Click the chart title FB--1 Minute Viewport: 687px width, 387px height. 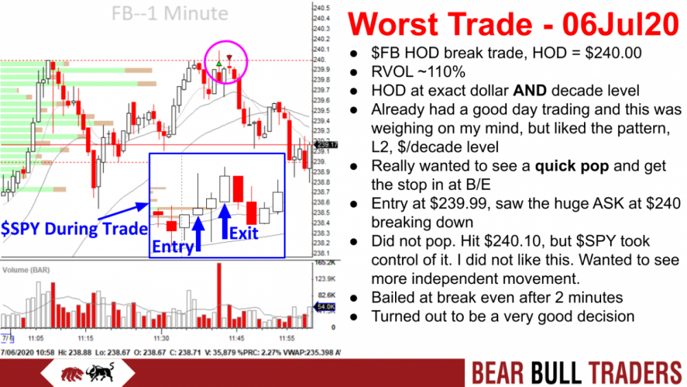[x=170, y=12]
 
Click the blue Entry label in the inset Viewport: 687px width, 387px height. [x=172, y=247]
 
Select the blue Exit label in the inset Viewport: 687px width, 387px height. [x=243, y=233]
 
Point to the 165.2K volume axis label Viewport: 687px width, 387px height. [x=324, y=263]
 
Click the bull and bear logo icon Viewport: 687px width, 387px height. [x=88, y=373]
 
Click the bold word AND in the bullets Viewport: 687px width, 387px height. [x=525, y=90]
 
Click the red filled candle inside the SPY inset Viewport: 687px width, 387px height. [x=238, y=188]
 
